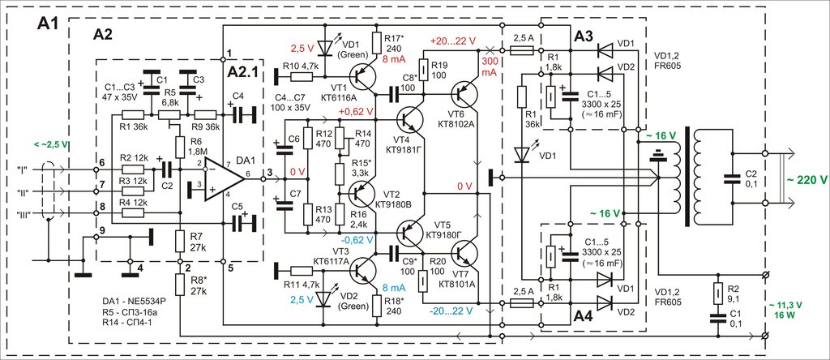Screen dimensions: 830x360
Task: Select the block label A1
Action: click(49, 24)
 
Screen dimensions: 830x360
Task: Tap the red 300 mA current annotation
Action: click(489, 66)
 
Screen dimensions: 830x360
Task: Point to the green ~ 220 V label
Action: click(806, 179)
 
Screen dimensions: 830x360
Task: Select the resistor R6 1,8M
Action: click(180, 145)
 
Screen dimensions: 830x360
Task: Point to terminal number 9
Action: click(102, 229)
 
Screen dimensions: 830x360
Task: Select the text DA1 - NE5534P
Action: click(134, 300)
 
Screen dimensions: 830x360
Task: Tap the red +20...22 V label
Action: click(453, 41)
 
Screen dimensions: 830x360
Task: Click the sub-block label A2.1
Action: click(245, 72)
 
